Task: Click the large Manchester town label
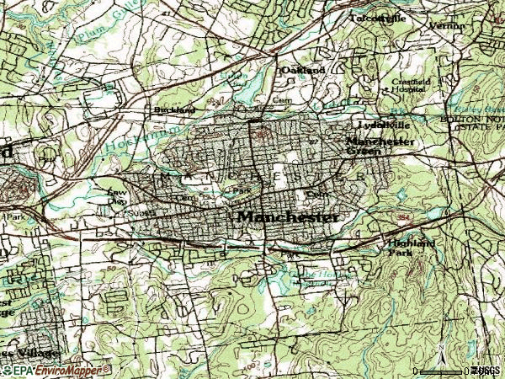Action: point(289,216)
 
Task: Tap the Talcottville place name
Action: point(377,17)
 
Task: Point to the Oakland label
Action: point(303,70)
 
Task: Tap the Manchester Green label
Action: point(380,147)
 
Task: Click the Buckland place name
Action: point(173,109)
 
